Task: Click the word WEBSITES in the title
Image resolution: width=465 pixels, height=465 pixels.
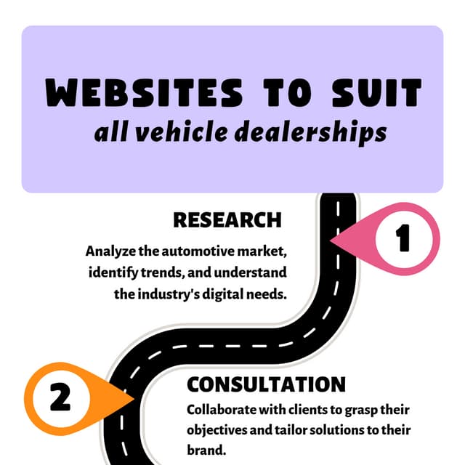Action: click(x=144, y=92)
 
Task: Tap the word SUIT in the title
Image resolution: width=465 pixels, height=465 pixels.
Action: click(x=376, y=92)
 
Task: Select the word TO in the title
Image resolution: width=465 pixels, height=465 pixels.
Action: click(x=288, y=92)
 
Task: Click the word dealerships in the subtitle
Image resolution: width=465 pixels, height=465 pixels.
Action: click(x=311, y=132)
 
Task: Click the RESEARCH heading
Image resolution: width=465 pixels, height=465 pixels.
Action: click(x=227, y=220)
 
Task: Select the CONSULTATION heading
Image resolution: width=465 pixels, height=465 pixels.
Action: click(x=267, y=384)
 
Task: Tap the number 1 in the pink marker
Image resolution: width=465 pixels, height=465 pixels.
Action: click(x=403, y=238)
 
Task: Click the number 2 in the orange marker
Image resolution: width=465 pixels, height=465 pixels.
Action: click(x=60, y=397)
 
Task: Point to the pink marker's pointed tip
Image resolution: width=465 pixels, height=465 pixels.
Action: click(x=331, y=240)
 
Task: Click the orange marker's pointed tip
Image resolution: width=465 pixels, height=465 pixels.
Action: click(x=135, y=399)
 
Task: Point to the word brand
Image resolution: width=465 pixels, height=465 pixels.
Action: click(x=206, y=450)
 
